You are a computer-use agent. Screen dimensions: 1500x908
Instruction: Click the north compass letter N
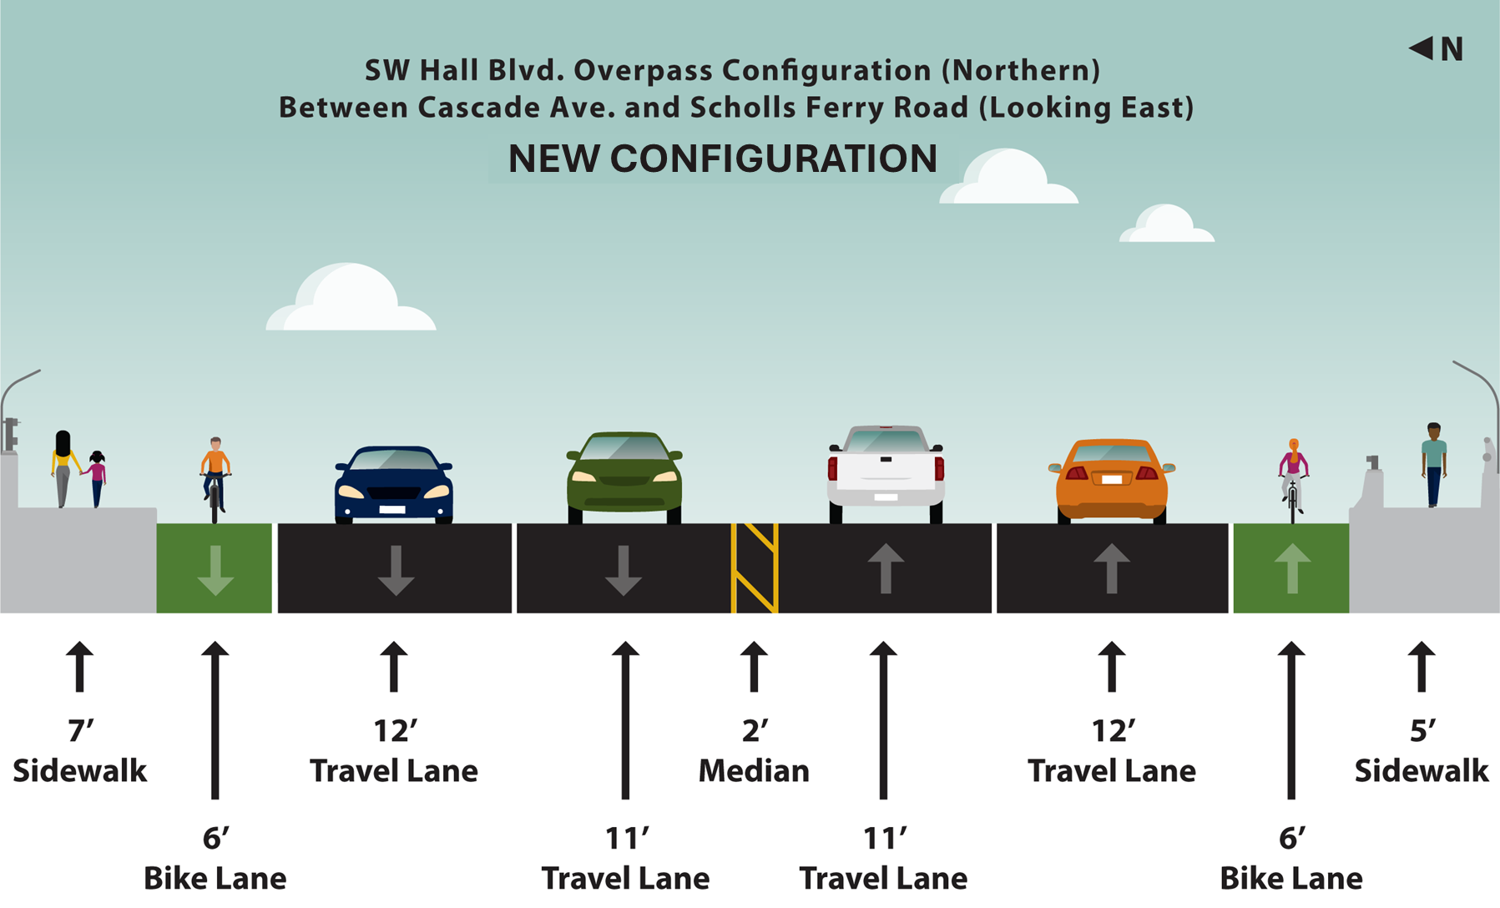click(x=1452, y=49)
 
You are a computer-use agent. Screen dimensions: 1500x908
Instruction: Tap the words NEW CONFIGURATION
click(x=723, y=159)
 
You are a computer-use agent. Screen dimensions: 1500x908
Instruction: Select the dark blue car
click(x=394, y=485)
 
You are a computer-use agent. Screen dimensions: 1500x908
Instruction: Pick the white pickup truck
click(x=886, y=474)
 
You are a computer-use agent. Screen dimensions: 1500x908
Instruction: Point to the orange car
click(x=1111, y=481)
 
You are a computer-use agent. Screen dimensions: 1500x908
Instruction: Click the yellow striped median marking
click(x=755, y=568)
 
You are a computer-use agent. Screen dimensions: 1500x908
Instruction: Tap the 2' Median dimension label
click(x=754, y=751)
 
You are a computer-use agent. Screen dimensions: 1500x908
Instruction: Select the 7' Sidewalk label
click(x=79, y=751)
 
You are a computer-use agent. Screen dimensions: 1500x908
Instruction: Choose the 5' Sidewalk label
click(x=1421, y=751)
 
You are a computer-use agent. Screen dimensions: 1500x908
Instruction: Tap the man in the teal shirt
click(x=1433, y=465)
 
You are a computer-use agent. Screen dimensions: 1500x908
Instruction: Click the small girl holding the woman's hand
click(x=97, y=479)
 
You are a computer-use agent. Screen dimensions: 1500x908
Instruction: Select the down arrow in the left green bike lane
click(x=215, y=570)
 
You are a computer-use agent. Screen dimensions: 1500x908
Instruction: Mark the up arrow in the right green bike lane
click(x=1292, y=568)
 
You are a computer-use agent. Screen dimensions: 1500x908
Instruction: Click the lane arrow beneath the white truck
click(x=886, y=568)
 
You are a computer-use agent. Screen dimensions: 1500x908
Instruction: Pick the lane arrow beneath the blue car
click(x=396, y=570)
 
